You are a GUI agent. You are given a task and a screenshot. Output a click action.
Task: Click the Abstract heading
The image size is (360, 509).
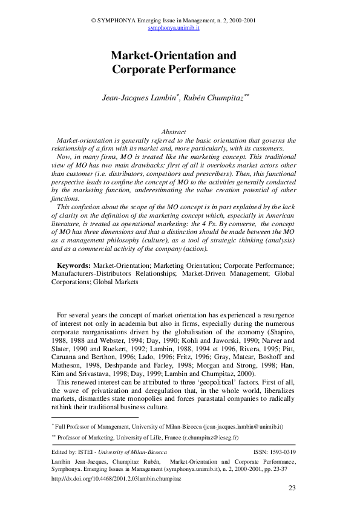click(173, 132)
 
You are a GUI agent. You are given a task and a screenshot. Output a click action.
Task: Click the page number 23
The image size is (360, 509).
click(292, 488)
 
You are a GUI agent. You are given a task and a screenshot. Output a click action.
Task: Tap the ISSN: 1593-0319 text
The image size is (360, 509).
click(273, 452)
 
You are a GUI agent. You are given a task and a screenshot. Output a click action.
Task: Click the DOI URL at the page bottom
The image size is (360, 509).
click(117, 478)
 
